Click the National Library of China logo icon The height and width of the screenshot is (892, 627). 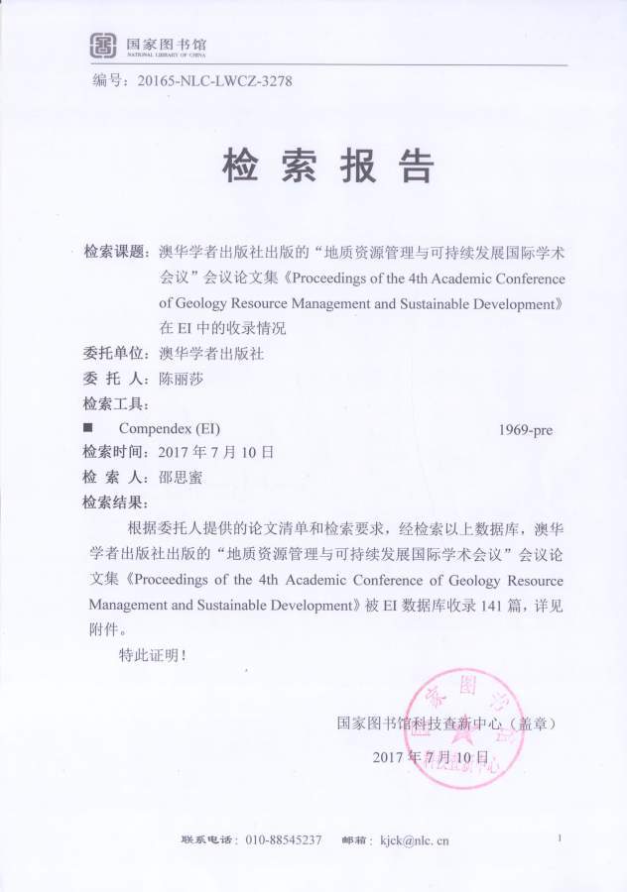[103, 45]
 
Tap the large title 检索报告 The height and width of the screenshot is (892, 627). [327, 167]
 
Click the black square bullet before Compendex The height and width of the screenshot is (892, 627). [88, 429]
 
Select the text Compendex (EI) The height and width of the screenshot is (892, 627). [170, 429]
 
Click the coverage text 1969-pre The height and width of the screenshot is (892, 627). [526, 430]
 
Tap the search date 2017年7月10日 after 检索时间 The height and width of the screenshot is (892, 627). [215, 452]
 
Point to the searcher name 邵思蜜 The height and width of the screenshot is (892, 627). [180, 477]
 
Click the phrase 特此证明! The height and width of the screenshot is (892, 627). [152, 654]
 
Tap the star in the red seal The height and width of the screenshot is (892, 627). [458, 730]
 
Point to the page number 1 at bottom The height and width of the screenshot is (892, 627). [561, 838]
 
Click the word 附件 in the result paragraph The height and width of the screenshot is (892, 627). [103, 628]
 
